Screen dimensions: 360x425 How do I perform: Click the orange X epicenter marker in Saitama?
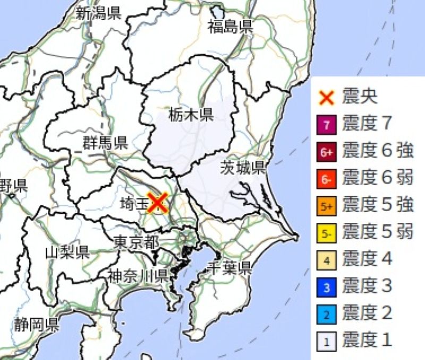click(157, 203)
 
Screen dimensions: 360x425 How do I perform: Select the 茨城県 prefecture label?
click(243, 169)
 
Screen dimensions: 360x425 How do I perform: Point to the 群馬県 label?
click(105, 142)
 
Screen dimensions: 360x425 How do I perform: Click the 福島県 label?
click(230, 26)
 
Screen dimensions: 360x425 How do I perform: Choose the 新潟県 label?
click(98, 13)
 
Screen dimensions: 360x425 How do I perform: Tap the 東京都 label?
click(136, 243)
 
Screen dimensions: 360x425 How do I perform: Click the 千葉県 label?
click(229, 267)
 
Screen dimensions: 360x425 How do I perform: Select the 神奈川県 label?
click(138, 275)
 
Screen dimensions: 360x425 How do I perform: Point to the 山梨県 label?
click(67, 252)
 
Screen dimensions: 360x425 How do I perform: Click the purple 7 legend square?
click(327, 126)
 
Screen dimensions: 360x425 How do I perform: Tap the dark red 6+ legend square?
click(327, 153)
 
